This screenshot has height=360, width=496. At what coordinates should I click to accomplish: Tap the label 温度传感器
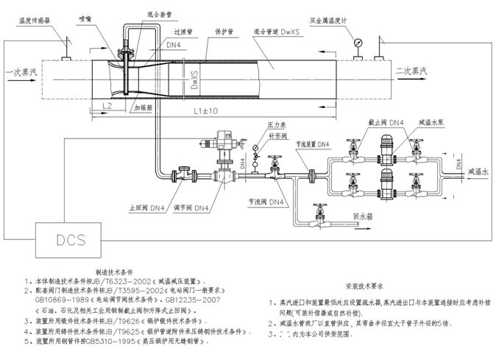coord(29,21)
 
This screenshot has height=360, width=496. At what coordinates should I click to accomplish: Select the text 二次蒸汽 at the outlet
coord(411,71)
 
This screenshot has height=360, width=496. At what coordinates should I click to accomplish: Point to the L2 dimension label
coord(106,107)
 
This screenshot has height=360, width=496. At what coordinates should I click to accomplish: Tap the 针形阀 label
coord(261,136)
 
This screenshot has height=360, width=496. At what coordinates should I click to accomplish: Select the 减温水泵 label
coord(430,122)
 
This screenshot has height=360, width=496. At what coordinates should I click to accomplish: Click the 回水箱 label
coord(364,218)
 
